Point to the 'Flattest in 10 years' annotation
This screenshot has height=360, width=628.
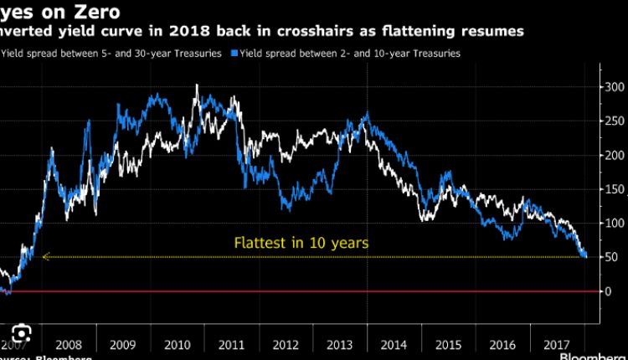[301, 243]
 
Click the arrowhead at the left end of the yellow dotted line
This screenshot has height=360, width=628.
[44, 257]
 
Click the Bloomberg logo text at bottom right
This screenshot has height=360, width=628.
[592, 355]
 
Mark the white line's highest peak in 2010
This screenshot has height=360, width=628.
[196, 85]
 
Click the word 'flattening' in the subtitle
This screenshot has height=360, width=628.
[414, 31]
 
